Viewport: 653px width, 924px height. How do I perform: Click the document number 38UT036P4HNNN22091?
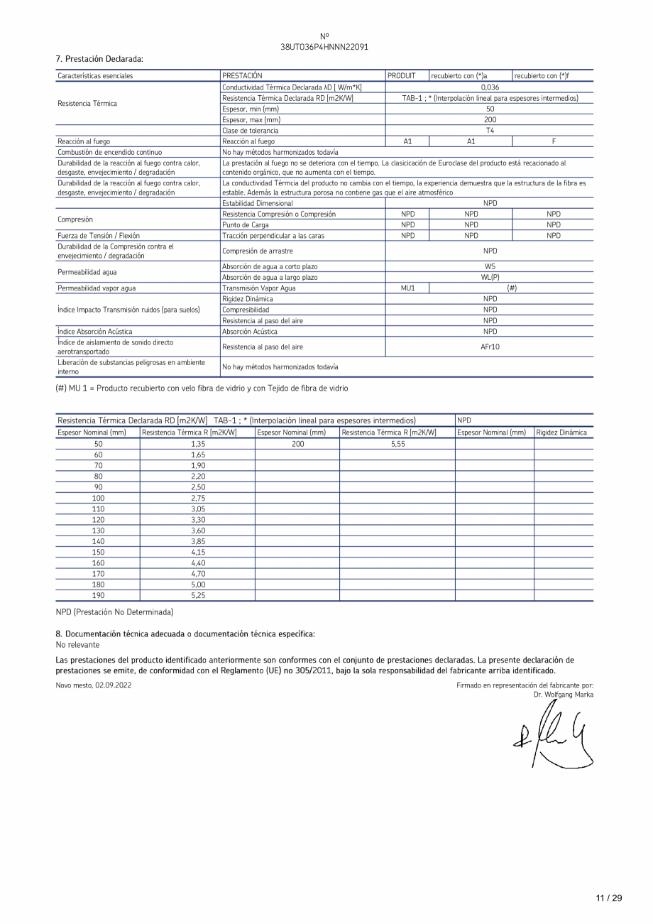[x=324, y=47]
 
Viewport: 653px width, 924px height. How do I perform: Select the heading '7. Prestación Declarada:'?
[x=99, y=58]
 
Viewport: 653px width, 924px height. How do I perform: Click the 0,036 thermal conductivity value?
[x=489, y=87]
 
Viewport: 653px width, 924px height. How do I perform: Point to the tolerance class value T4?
[x=489, y=131]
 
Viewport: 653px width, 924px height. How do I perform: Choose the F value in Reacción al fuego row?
[x=553, y=141]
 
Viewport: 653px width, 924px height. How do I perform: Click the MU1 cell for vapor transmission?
[x=407, y=288]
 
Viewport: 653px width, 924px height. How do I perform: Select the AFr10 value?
[x=489, y=347]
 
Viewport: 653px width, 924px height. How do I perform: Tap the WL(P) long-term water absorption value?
[x=489, y=278]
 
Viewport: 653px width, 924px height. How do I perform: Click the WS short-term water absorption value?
[x=489, y=266]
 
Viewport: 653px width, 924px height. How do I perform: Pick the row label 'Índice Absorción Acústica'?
[x=94, y=332]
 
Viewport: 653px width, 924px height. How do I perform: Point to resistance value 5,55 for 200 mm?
[x=397, y=444]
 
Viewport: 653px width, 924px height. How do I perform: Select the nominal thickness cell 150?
[x=98, y=552]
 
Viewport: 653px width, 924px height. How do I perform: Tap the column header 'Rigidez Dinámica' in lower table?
[x=562, y=433]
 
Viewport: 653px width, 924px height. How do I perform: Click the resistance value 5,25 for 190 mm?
[x=197, y=595]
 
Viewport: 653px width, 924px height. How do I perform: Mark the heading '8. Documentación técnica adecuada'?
[x=185, y=634]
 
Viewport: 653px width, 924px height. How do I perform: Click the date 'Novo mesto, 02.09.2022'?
[x=94, y=685]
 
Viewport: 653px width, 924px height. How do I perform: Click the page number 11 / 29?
[x=608, y=898]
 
